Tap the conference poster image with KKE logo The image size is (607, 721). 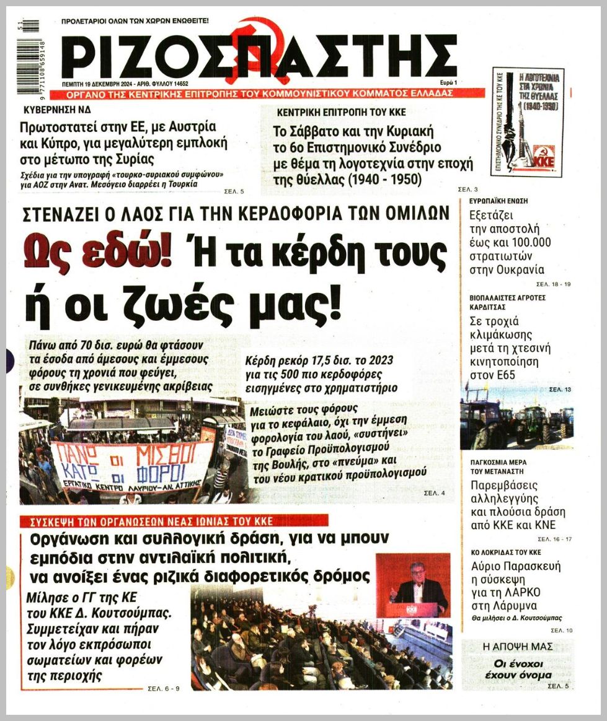(527, 121)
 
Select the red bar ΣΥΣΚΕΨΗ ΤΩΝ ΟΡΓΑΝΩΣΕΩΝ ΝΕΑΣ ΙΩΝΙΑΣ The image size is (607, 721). (147, 520)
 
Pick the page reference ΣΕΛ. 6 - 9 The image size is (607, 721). (164, 688)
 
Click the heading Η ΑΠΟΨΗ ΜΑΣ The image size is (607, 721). (518, 647)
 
